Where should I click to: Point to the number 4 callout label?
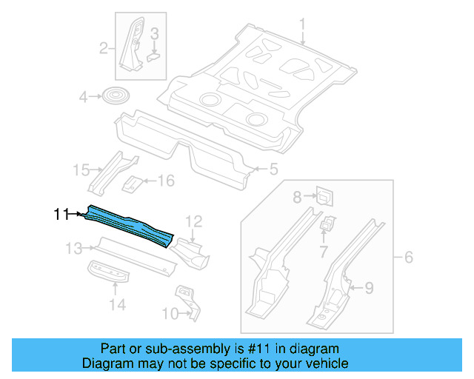tap(84, 96)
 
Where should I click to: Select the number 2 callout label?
tap(104, 49)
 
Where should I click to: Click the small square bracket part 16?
tap(133, 182)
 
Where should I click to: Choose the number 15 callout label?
tap(81, 171)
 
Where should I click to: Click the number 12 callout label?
tap(193, 221)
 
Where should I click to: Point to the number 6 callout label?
tap(407, 258)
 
